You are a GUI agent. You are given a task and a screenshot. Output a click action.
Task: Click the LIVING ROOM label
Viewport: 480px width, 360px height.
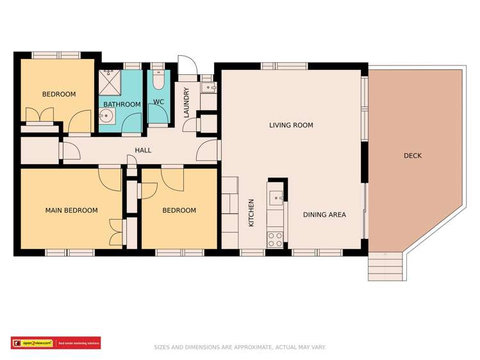[x=291, y=126]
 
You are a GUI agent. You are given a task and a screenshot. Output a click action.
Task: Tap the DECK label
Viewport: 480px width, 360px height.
[x=413, y=156]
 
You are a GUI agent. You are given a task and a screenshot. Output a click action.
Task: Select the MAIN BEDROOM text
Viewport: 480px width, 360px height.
[x=71, y=211]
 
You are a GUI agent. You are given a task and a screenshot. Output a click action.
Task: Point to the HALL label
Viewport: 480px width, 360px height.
[x=143, y=151]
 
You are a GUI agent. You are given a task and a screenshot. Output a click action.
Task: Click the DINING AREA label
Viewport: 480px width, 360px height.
[x=324, y=215]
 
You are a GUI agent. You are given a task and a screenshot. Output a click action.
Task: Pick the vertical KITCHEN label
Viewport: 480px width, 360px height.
[x=251, y=213]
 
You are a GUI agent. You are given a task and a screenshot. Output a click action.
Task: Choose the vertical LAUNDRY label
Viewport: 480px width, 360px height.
[x=186, y=103]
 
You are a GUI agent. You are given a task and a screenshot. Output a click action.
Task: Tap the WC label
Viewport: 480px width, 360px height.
[x=158, y=102]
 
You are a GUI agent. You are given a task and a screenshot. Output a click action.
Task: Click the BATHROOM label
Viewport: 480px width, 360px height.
[x=122, y=104]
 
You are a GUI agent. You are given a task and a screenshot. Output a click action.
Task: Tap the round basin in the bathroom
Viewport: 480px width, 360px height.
[x=106, y=117]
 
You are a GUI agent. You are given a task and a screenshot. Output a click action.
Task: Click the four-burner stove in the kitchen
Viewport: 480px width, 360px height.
[x=275, y=240]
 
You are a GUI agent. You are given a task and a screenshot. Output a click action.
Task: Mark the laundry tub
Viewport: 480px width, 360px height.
[x=208, y=87]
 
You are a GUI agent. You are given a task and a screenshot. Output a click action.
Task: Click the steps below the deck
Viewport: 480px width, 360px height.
[x=385, y=265]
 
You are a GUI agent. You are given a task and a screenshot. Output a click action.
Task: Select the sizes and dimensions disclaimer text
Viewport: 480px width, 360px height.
[x=240, y=347]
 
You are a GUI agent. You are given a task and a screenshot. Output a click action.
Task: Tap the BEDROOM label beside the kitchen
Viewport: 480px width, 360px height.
[x=179, y=211]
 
